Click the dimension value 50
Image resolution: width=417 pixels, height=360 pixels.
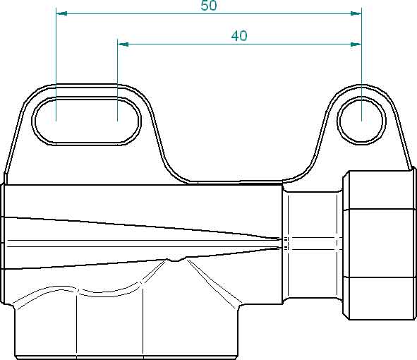pos(209,6)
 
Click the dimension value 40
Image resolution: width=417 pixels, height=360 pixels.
pos(239,36)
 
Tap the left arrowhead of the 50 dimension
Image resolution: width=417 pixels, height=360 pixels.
pos(61,13)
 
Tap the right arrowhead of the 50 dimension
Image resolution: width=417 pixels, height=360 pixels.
pos(356,13)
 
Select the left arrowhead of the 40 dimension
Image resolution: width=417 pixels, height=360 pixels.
pos(123,44)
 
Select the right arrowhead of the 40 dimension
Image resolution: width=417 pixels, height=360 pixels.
pos(356,44)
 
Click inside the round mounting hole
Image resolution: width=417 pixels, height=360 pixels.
pos(362,121)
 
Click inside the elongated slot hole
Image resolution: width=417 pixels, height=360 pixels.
pos(87,121)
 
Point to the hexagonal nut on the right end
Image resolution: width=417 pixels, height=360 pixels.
pos(380,245)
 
